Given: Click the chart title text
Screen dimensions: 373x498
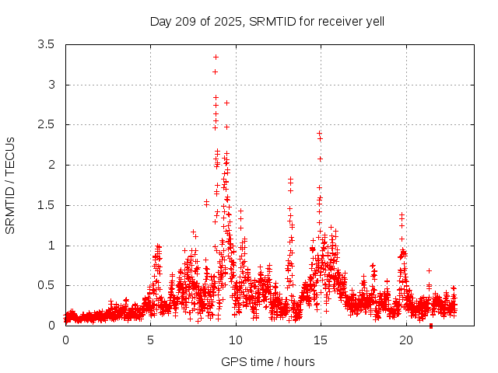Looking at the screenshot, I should tap(267, 21).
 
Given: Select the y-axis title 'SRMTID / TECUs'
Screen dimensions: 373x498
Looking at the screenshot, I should tap(11, 185).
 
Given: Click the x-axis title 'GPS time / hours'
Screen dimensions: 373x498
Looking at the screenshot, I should tap(267, 361).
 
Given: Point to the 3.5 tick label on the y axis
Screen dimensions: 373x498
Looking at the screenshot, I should tap(47, 44).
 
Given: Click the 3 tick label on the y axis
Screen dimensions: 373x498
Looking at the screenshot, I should tap(51, 85).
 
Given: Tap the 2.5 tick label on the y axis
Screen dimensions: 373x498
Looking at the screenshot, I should tap(47, 124).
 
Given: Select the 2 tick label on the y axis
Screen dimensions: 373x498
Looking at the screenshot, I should tap(51, 165).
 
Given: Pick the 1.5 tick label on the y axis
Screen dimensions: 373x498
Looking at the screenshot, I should tap(47, 205).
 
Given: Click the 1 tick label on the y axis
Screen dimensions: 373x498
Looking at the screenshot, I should tap(51, 246).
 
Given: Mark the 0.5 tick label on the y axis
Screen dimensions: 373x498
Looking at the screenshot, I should tap(47, 285).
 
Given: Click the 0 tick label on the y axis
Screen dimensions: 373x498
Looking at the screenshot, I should tap(51, 326).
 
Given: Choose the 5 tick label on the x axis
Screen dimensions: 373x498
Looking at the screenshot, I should tap(150, 340).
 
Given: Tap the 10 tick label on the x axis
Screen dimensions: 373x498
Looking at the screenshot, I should tap(235, 340).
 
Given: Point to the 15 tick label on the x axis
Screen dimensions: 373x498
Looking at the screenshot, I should tap(321, 340).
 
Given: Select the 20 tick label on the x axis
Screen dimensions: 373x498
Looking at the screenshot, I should tap(405, 340).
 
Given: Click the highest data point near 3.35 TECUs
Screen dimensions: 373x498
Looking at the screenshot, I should tap(216, 57).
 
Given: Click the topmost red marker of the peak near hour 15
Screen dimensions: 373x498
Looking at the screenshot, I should tap(319, 133).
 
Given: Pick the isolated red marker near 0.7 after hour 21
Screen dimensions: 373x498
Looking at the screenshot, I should tap(429, 270).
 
